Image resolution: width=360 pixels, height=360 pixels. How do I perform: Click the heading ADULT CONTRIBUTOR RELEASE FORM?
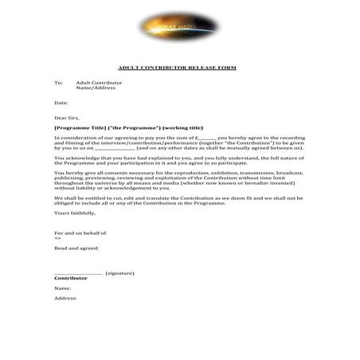click(177, 68)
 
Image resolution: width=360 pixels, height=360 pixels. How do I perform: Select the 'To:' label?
click(58, 83)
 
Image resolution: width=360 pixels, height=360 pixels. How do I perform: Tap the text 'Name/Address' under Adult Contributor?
click(96, 88)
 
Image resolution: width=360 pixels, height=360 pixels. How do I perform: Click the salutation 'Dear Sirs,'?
click(67, 118)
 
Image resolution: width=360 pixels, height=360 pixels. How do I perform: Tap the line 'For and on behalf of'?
click(80, 233)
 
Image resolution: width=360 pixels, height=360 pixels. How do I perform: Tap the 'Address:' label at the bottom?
click(65, 298)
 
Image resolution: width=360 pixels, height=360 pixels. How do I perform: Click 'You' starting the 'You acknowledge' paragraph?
click(59, 158)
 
